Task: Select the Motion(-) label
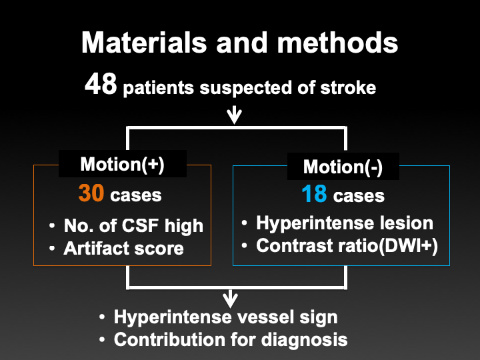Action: click(343, 167)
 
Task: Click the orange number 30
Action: click(91, 194)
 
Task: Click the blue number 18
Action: click(314, 195)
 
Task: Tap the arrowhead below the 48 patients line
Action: click(233, 117)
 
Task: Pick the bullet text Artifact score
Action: click(123, 249)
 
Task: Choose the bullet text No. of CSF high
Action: click(133, 227)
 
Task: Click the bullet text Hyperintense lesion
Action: click(345, 223)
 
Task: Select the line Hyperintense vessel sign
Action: click(225, 317)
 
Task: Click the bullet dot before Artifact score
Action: click(52, 249)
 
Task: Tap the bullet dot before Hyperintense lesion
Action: click(245, 223)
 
